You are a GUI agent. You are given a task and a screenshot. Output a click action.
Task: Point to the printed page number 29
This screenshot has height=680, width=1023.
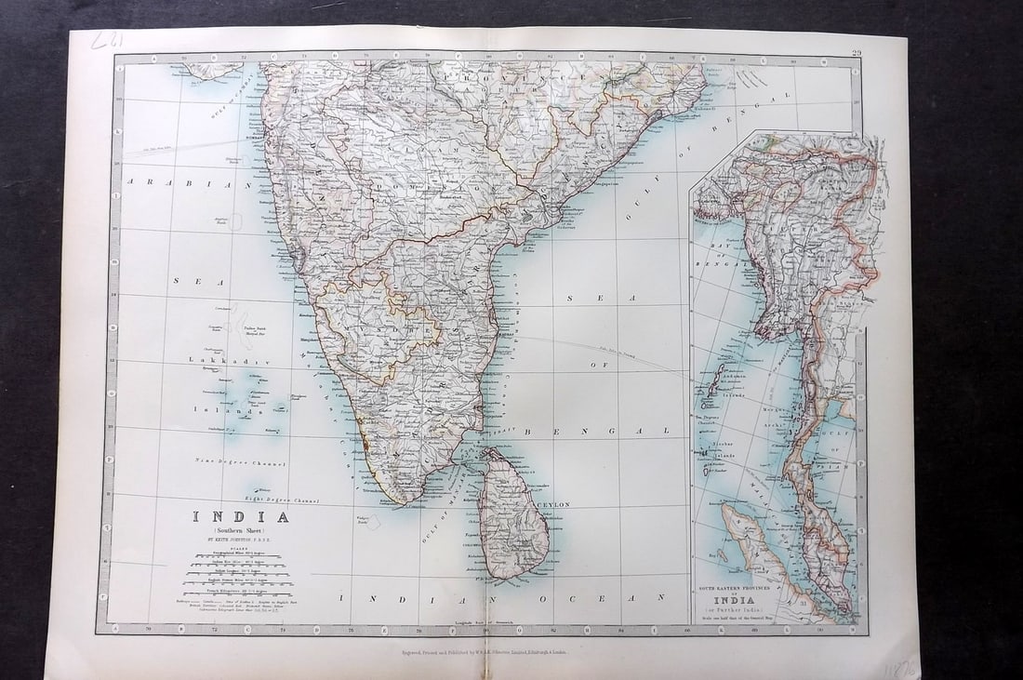[856, 53]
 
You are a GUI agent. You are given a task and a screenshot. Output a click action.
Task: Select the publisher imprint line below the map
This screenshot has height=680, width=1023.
[478, 652]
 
